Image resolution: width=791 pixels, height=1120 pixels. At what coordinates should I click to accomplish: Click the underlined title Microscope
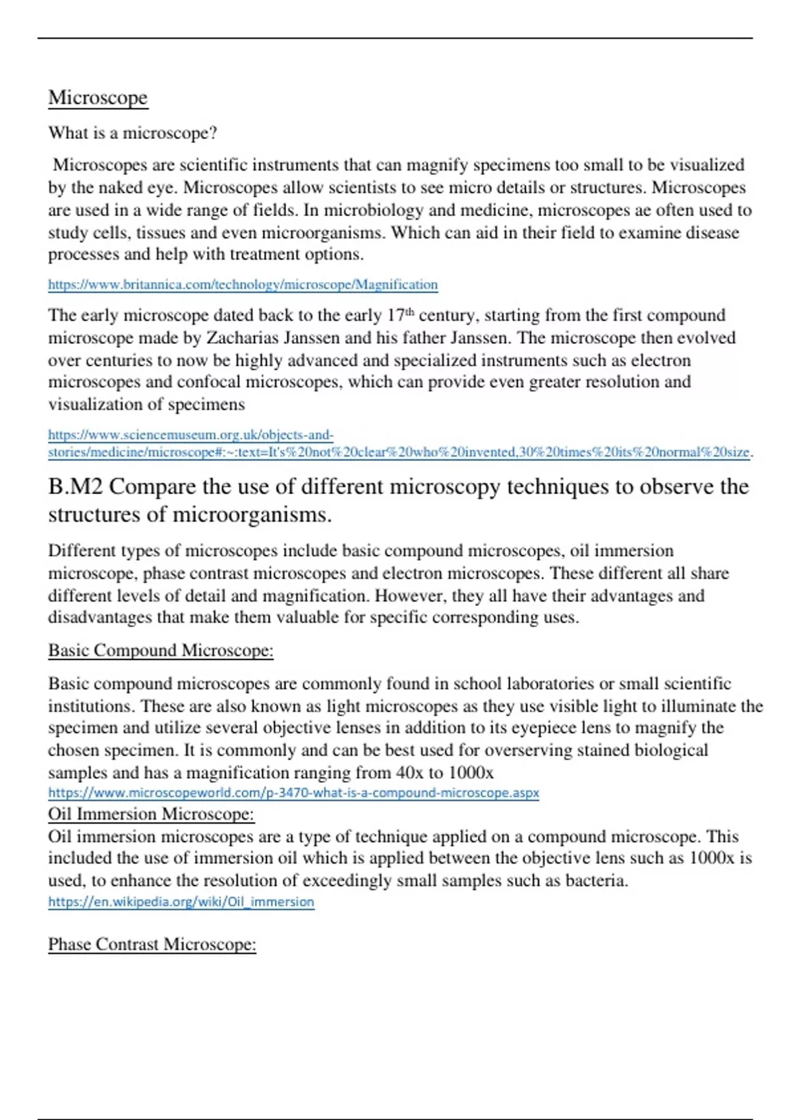point(98,98)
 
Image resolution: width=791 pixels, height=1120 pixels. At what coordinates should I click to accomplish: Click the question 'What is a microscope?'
point(132,133)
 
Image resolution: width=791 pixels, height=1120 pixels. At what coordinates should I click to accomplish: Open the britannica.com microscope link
point(243,285)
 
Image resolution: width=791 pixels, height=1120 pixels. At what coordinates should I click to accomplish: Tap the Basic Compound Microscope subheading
point(160,650)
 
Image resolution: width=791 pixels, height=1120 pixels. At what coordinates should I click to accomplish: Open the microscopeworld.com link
point(293,793)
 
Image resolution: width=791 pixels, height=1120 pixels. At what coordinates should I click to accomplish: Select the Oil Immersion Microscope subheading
point(151,814)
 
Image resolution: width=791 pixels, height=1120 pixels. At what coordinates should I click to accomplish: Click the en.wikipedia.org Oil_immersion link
point(181,902)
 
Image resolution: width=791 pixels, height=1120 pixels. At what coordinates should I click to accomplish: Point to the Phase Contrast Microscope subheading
point(152,944)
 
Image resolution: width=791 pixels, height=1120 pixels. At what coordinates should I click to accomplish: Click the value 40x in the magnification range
point(410,772)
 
